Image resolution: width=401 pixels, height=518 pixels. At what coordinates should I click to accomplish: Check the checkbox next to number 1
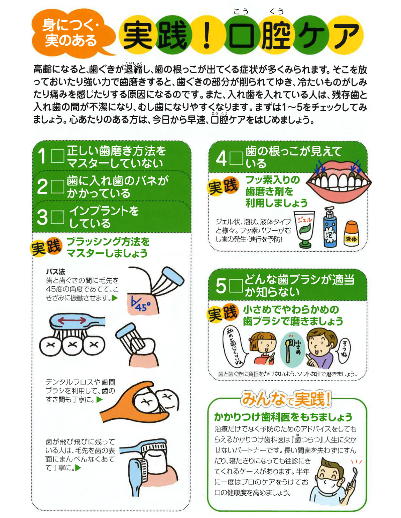click(57, 156)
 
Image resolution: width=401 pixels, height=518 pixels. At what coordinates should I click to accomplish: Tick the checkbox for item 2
click(57, 186)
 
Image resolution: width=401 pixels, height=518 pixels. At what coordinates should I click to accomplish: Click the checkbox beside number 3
click(57, 217)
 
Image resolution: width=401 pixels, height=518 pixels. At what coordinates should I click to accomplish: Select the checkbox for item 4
click(236, 158)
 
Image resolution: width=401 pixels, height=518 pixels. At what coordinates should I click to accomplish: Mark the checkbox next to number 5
click(236, 286)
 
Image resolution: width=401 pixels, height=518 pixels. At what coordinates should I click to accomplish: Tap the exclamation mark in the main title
click(207, 35)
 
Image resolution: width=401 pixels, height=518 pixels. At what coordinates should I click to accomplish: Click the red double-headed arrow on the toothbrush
click(72, 320)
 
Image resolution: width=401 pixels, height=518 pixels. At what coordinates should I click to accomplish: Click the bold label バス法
click(55, 271)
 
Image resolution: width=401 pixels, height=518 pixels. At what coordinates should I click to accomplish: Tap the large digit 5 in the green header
click(221, 286)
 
